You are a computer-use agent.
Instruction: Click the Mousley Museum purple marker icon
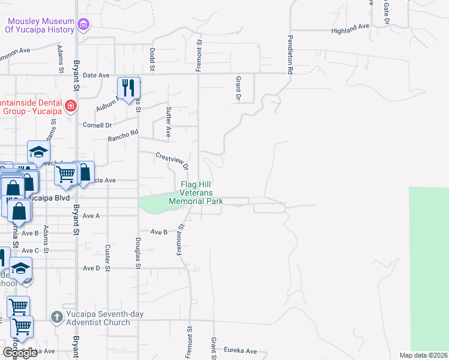tap(83, 25)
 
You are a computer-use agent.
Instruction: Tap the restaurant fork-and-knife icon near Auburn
tap(128, 88)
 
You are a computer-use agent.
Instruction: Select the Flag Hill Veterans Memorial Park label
tap(196, 193)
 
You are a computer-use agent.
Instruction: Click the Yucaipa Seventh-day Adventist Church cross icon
tap(56, 317)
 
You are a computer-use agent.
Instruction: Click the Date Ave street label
tap(97, 76)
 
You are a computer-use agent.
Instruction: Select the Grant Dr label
tap(238, 88)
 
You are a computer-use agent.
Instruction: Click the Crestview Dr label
tap(172, 160)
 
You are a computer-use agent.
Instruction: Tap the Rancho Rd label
tap(123, 136)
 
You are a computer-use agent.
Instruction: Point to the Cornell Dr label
tap(97, 125)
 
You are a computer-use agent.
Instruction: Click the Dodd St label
tap(152, 60)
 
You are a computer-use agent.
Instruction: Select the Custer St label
tap(108, 256)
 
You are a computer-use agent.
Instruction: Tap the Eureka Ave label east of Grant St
tap(240, 351)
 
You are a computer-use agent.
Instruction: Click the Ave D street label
tap(91, 268)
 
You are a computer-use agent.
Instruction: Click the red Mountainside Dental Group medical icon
tap(71, 106)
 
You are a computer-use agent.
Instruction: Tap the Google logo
tap(20, 353)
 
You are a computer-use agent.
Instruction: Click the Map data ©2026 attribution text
tap(424, 355)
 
